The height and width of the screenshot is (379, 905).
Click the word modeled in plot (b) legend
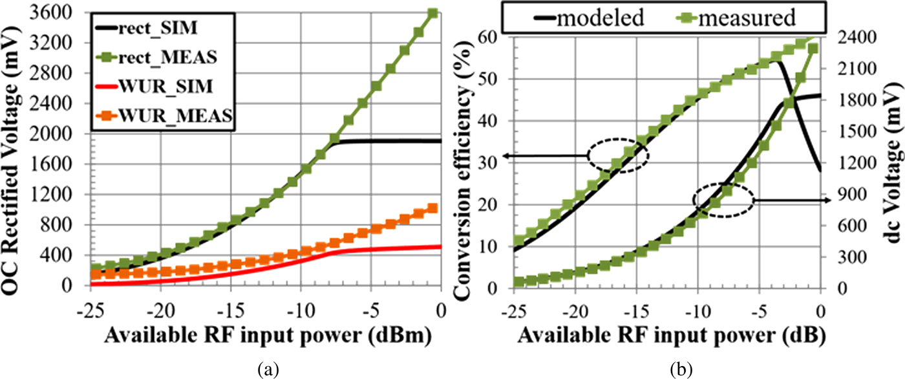coord(601,17)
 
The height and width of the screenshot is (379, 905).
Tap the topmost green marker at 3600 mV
coord(433,14)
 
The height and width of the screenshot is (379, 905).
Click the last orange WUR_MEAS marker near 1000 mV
coord(433,208)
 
